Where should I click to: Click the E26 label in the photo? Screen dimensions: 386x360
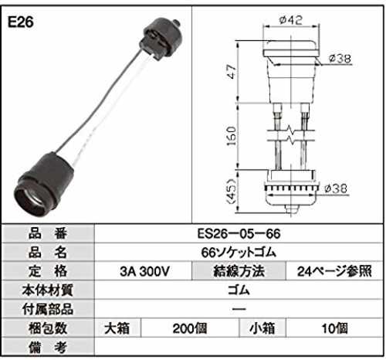21,22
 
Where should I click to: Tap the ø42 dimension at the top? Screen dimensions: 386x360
291,20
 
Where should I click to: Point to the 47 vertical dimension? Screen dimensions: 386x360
232,71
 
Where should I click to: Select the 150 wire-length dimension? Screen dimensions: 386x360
232,136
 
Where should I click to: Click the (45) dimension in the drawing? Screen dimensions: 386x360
232,192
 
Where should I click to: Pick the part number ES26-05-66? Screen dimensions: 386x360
239,233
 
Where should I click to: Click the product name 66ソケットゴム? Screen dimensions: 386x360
239,253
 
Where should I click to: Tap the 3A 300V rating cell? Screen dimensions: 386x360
144,271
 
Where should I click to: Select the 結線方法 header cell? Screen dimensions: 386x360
239,271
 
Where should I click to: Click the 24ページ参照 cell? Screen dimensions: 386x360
334,271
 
